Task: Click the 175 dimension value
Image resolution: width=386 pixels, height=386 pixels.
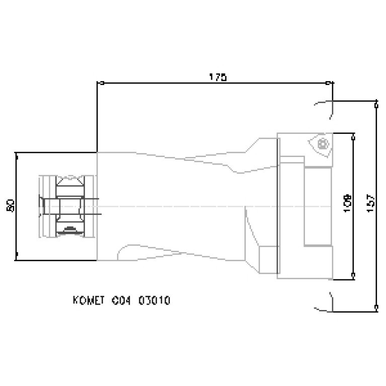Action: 218,77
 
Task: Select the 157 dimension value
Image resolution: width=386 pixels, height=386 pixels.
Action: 370,204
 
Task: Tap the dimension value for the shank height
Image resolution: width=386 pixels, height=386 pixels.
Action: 11,206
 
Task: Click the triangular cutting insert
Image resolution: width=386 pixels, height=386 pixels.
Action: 321,144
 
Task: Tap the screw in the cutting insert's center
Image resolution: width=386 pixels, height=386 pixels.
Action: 321,144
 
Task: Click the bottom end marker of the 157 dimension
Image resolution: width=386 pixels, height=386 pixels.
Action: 376,306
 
